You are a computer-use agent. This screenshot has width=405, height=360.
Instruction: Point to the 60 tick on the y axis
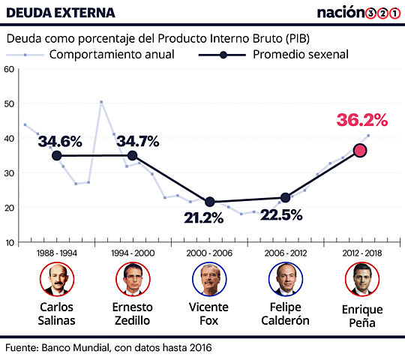9,69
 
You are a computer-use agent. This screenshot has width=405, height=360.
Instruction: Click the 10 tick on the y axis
9,242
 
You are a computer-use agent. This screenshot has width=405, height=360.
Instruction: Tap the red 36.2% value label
361,120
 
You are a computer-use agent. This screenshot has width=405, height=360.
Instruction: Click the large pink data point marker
360,150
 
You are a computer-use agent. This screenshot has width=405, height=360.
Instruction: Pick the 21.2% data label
203,218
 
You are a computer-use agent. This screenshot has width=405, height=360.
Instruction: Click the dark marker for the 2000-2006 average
210,202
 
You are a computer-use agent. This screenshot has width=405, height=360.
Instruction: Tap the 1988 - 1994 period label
57,253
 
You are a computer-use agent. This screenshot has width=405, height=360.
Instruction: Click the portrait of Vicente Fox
208,280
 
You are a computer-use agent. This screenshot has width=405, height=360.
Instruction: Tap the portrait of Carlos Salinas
57,280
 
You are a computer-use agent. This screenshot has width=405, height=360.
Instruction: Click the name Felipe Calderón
285,313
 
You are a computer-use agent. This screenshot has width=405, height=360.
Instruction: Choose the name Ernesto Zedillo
133,313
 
